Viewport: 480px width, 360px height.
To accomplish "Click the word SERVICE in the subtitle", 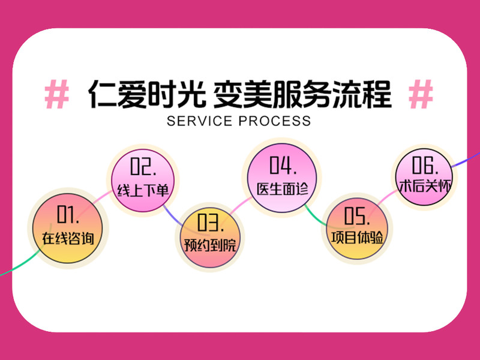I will (x=200, y=121).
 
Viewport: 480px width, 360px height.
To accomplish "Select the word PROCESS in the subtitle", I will (x=275, y=121).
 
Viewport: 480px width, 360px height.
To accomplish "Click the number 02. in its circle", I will (x=142, y=167).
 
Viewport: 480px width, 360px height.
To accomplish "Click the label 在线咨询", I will (x=67, y=237).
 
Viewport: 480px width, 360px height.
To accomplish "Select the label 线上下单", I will (x=142, y=190).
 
